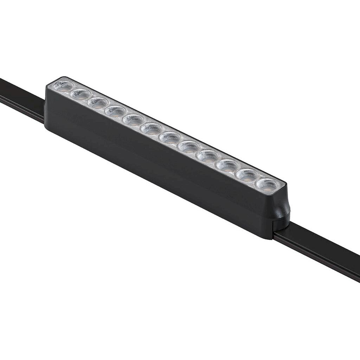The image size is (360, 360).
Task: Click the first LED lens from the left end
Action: pyautogui.click(x=63, y=86)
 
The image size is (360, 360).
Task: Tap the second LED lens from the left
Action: pyautogui.click(x=81, y=94)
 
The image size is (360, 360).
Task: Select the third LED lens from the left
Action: pyautogui.click(x=98, y=103)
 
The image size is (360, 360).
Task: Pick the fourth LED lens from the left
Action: pyautogui.click(x=115, y=111)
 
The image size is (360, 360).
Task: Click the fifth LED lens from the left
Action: pyautogui.click(x=133, y=120)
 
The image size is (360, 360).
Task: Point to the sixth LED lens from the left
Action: pyautogui.click(x=151, y=128)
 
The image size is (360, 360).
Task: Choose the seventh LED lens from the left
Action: pyautogui.click(x=170, y=137)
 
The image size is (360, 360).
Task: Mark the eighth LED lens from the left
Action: pyautogui.click(x=188, y=146)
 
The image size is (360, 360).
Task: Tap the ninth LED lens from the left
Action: pyautogui.click(x=207, y=155)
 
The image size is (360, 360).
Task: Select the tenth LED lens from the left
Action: pyautogui.click(x=227, y=165)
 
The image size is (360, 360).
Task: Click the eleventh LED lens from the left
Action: pyautogui.click(x=246, y=174)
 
